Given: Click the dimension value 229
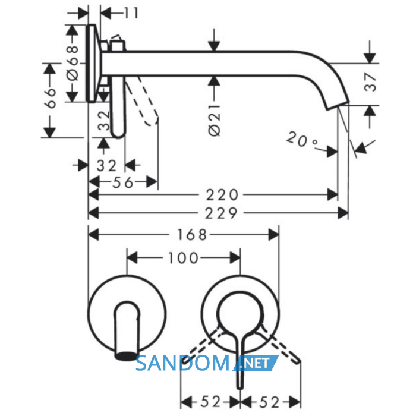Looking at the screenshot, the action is [x=221, y=213].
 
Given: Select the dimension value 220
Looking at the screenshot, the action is [x=222, y=195].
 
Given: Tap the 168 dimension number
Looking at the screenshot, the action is [x=192, y=235].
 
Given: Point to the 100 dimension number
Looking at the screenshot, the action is [x=183, y=258].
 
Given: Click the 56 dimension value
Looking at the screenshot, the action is [x=123, y=182].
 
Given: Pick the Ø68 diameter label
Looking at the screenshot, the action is [x=73, y=63].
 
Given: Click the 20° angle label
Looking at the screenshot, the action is [x=302, y=139].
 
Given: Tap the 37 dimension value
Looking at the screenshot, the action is [x=370, y=82].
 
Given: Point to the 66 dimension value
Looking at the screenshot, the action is [x=51, y=98].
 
